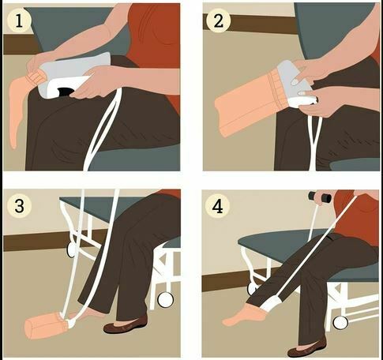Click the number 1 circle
[19, 21]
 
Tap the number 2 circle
[219, 21]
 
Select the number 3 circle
[19, 205]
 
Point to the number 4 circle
[217, 206]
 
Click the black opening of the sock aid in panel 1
[65, 92]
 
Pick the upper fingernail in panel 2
[295, 82]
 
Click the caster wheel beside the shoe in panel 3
[166, 300]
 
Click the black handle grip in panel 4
[320, 197]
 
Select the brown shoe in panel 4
[307, 348]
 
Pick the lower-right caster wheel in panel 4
[340, 323]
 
